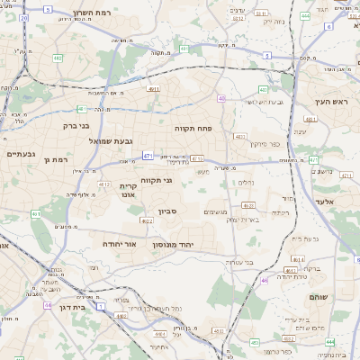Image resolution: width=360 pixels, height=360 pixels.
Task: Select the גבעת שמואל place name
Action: pyautogui.click(x=111, y=141)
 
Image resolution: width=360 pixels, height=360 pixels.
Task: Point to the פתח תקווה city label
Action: pyautogui.click(x=193, y=128)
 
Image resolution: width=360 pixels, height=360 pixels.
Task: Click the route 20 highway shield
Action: pyautogui.click(x=24, y=17)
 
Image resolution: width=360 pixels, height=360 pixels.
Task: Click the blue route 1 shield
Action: pyautogui.click(x=100, y=307)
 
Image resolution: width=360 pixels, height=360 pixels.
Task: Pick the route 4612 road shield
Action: pyautogui.click(x=104, y=184)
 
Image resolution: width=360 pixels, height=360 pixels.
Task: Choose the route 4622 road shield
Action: pyautogui.click(x=148, y=220)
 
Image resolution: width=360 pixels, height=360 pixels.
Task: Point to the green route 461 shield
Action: pyautogui.click(x=35, y=214)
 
